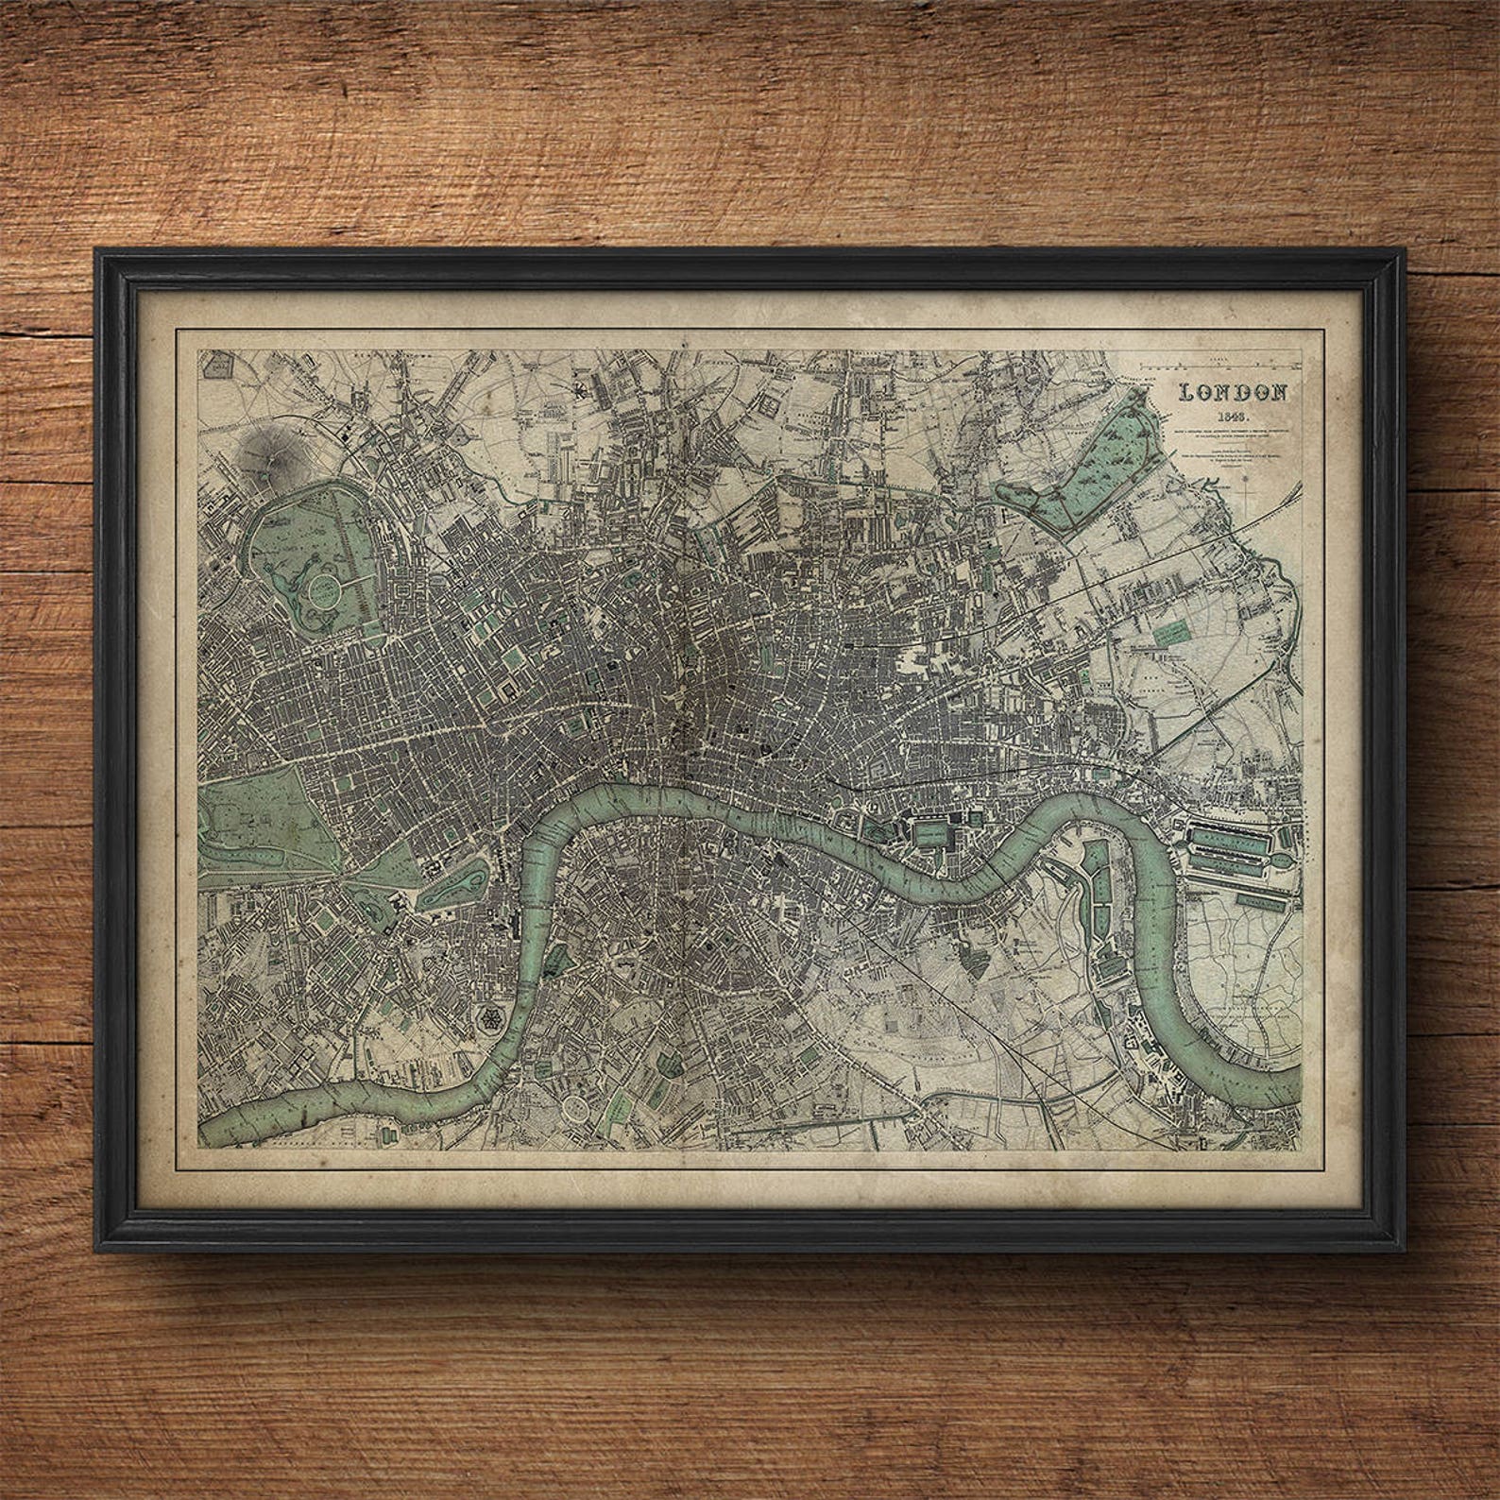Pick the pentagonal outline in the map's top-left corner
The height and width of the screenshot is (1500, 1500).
coord(221,366)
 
